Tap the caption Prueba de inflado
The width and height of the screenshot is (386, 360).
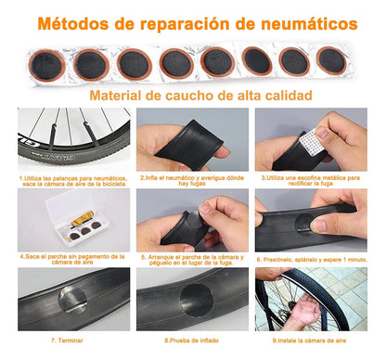(x=192, y=341)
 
